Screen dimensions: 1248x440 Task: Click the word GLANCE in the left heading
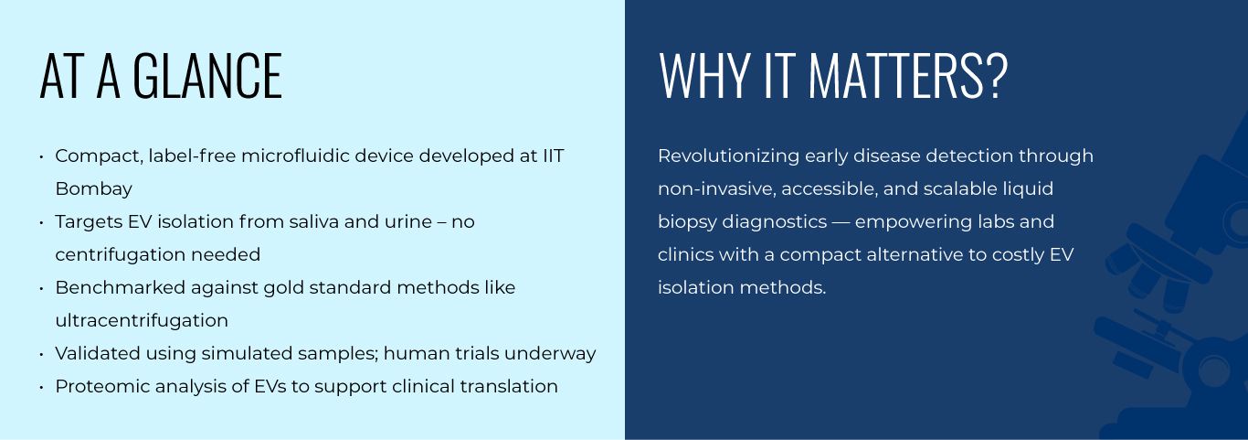tap(207, 76)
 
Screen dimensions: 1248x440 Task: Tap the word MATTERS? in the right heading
tap(907, 76)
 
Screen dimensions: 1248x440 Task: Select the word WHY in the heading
tap(703, 76)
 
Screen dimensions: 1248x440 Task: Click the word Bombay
tap(93, 189)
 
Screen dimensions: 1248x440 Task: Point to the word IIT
tap(554, 156)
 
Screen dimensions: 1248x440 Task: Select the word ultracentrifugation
tap(142, 321)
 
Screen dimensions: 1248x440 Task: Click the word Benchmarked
tap(120, 288)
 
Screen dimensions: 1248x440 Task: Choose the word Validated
tap(98, 354)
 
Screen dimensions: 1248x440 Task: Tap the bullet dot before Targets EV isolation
tap(42, 222)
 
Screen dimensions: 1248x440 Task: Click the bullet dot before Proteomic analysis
tap(42, 387)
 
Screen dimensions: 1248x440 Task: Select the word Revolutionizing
tap(728, 156)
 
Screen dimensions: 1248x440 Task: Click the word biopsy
tap(686, 222)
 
